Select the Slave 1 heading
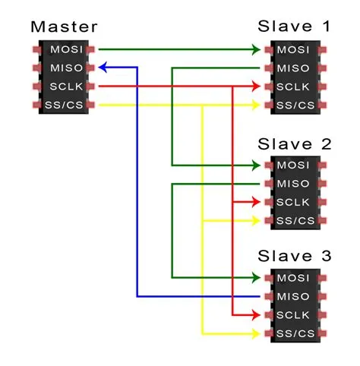[295, 27]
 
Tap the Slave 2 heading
[295, 144]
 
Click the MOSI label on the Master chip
[63, 50]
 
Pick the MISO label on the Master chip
[63, 68]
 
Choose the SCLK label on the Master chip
[63, 87]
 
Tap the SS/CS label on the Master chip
[63, 105]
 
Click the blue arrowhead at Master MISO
[105, 68]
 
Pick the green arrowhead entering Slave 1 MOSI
[257, 50]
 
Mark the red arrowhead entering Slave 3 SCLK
[257, 314]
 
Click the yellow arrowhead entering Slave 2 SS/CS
[257, 220]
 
